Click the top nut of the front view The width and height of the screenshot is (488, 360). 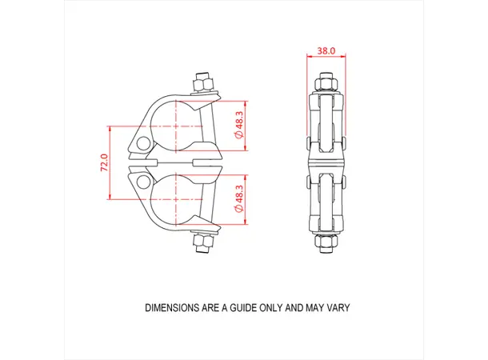[202, 82]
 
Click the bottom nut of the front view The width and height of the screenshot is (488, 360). [202, 244]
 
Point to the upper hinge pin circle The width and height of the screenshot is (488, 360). [142, 144]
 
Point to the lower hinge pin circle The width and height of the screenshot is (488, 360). [142, 182]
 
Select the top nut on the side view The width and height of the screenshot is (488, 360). [326, 83]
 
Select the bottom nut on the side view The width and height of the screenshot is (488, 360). [326, 243]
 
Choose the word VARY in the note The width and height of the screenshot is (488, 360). [337, 307]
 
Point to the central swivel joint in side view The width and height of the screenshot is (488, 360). [326, 163]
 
